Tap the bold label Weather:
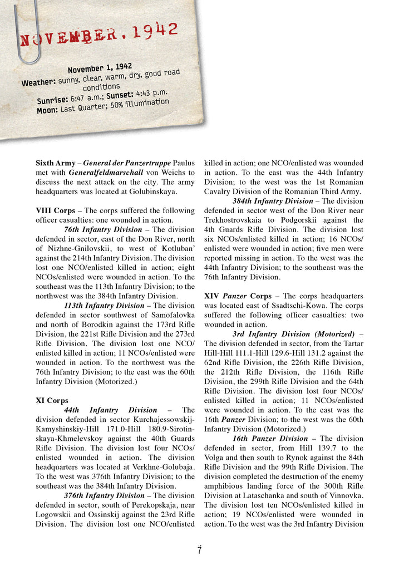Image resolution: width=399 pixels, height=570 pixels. point(39,82)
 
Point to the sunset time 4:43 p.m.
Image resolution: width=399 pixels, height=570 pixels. point(152,92)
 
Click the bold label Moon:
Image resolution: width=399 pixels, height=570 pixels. point(47,110)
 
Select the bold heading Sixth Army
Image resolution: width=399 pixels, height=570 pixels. point(55,163)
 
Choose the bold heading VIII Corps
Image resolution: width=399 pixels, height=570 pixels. point(55,210)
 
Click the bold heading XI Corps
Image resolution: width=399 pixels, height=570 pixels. point(52,400)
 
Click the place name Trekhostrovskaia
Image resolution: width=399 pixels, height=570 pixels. point(233,220)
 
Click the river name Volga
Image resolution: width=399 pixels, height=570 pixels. point(216,458)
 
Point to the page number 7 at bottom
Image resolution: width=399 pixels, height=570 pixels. point(199,551)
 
